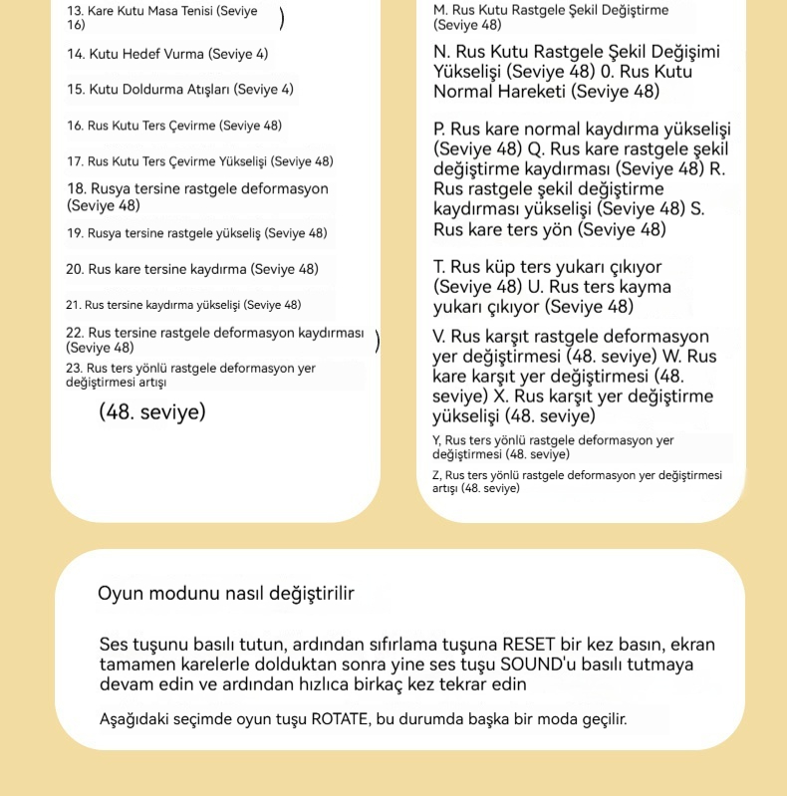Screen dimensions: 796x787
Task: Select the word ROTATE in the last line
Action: point(339,717)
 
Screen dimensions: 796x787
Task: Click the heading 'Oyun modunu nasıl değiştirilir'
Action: point(226,594)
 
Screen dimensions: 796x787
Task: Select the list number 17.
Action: point(75,161)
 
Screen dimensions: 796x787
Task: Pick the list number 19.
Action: point(75,233)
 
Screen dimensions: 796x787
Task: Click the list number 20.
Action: point(75,269)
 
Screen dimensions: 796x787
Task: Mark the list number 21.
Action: point(73,305)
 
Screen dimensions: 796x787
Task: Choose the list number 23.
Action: point(75,369)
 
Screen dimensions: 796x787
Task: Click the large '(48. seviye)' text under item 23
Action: point(152,411)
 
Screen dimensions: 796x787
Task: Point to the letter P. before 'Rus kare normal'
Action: point(439,130)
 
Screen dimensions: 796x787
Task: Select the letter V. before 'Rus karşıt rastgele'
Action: point(439,337)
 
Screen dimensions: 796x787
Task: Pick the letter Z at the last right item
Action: point(436,476)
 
